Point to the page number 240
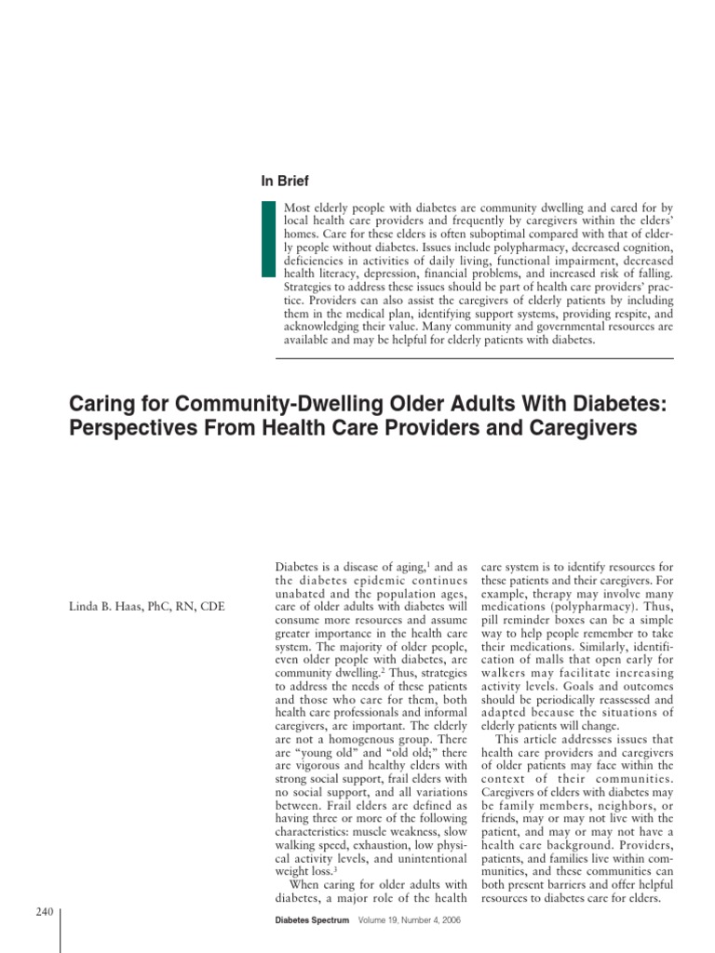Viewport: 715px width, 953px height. pyautogui.click(x=44, y=912)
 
